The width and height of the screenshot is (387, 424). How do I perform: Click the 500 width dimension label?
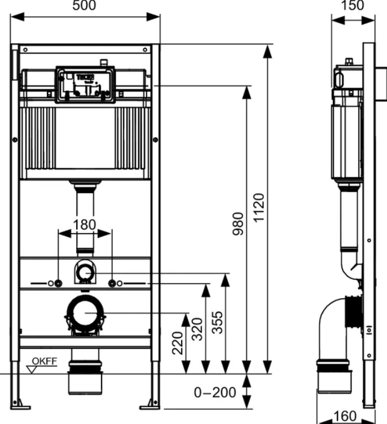(84, 6)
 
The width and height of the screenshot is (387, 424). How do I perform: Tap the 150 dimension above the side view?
(352, 6)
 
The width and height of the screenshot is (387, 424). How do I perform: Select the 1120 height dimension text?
(259, 208)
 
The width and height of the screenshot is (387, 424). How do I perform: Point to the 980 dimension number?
(238, 224)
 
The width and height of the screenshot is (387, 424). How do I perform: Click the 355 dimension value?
(218, 322)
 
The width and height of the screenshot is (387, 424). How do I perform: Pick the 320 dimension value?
(197, 329)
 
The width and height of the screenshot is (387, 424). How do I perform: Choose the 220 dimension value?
(178, 343)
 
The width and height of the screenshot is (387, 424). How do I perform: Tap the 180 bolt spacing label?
(84, 225)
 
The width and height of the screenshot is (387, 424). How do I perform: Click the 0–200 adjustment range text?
(215, 393)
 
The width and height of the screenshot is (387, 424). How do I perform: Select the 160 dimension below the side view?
(345, 416)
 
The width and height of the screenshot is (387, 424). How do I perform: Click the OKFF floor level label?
(45, 361)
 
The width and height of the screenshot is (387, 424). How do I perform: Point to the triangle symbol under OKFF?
(32, 370)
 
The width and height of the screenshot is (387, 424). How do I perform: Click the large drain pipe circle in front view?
(85, 313)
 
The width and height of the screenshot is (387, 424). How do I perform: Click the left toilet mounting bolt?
(58, 283)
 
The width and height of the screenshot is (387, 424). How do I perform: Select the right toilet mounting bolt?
(112, 283)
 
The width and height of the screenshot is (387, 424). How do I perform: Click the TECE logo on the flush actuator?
(85, 77)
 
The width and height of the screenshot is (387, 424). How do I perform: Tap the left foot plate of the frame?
(20, 407)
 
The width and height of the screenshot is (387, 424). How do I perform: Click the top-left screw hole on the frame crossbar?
(25, 50)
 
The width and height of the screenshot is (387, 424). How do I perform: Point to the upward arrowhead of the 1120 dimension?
(267, 52)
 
